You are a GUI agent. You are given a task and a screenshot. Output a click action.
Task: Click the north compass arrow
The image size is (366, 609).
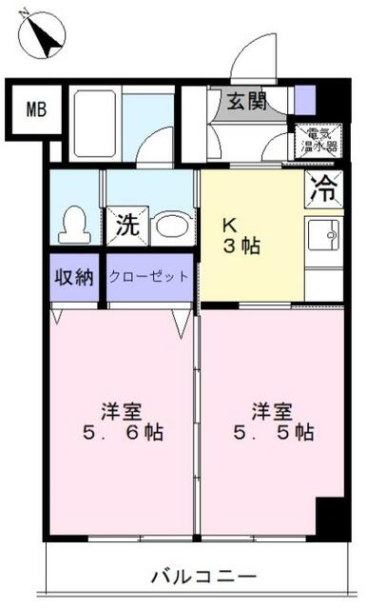(x=40, y=35)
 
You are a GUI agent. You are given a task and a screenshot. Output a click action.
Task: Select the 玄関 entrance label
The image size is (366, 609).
(x=245, y=100)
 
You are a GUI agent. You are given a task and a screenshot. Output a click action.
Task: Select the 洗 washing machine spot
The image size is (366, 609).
(x=126, y=226)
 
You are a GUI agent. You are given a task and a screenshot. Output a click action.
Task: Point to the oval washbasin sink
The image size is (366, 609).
(x=171, y=226)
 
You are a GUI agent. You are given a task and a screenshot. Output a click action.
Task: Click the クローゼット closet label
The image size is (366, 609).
(x=149, y=277)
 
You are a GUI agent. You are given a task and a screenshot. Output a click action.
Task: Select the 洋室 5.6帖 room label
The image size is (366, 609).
(x=122, y=422)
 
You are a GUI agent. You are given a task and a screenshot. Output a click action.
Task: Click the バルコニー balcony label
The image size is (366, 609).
(x=203, y=576)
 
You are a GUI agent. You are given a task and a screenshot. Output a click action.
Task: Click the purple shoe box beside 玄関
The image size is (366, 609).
(x=303, y=99)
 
